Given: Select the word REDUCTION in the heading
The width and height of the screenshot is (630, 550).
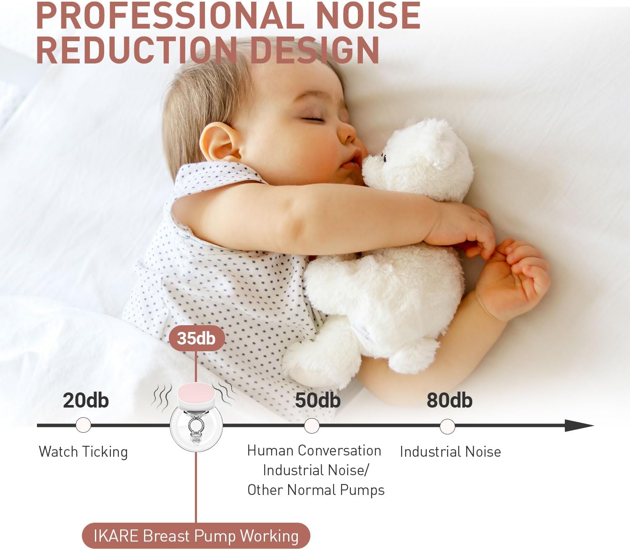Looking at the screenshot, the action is tap(136, 50).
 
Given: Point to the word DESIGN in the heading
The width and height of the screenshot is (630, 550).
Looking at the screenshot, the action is tap(315, 50).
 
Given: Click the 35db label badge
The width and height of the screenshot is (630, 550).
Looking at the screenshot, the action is tap(197, 338).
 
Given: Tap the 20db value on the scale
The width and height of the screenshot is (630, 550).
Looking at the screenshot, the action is tap(86, 400).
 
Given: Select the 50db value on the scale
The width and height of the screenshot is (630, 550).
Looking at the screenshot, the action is tap(318, 400).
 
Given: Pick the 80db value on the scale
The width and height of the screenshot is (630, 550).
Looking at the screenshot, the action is tap(449, 400).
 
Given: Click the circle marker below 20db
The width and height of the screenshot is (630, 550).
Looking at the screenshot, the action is tap(83, 425).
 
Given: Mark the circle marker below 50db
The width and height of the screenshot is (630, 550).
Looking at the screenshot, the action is tap(312, 426).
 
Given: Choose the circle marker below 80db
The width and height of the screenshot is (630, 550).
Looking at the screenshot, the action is tap(447, 426).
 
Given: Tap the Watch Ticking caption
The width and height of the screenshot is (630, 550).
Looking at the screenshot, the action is tap(83, 452).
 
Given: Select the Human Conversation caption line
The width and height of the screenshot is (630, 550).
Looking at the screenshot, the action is tap(315, 451).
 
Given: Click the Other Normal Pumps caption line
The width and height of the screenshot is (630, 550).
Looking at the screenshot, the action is tap(316, 490).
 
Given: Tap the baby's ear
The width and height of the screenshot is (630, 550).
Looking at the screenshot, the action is tap(220, 142).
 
